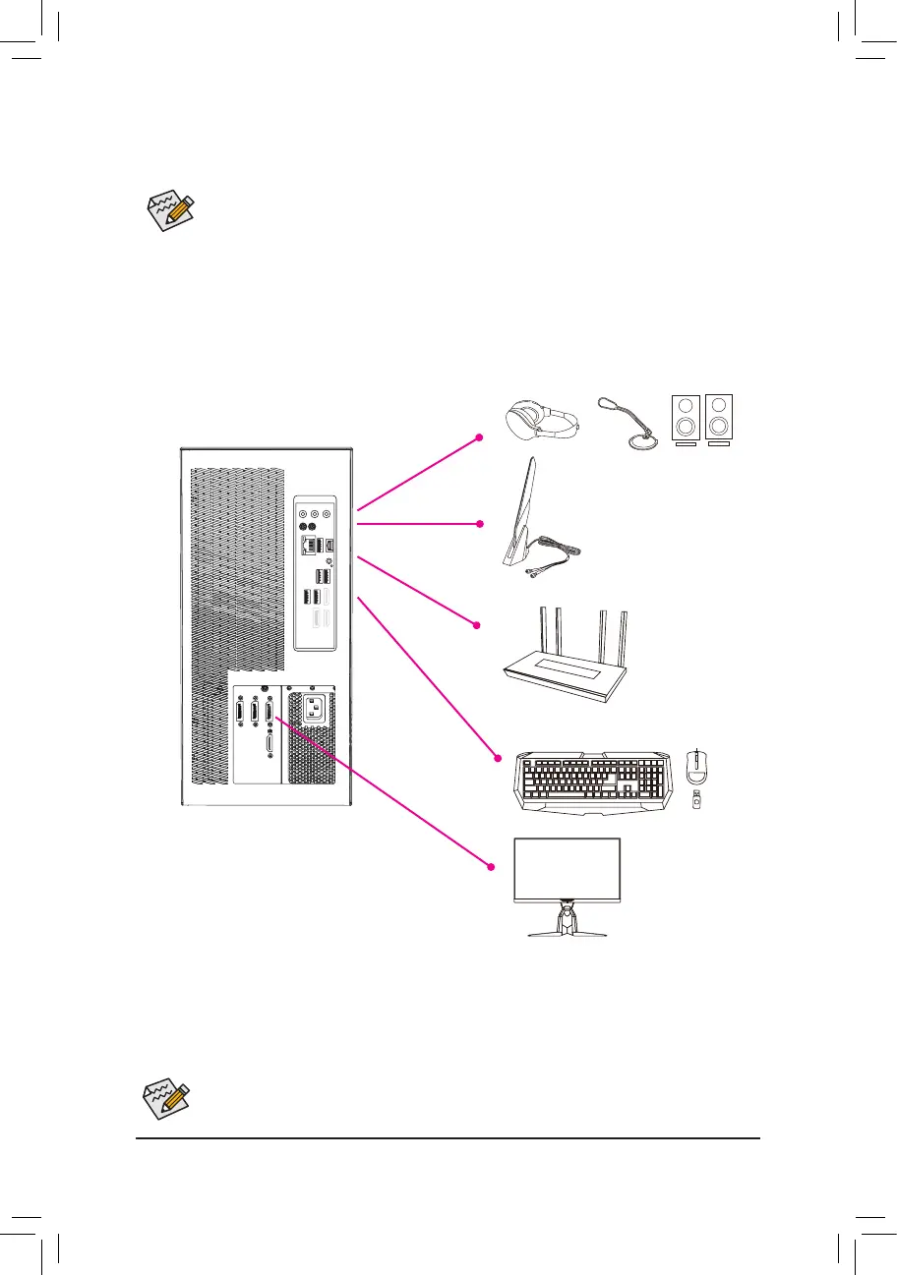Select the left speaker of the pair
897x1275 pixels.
coord(686,420)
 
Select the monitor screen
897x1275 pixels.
coord(568,870)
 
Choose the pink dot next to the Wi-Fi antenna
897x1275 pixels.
coord(479,524)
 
